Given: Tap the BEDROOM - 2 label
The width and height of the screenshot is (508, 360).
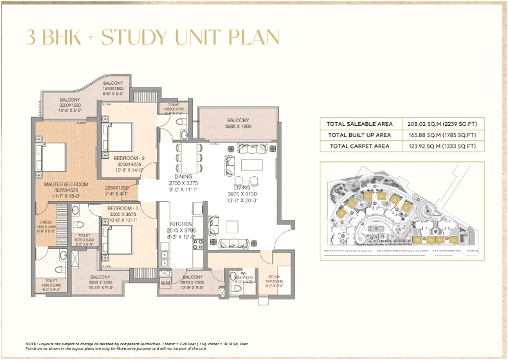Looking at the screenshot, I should tap(129, 157).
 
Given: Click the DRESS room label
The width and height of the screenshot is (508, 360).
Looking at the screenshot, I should tap(46, 222).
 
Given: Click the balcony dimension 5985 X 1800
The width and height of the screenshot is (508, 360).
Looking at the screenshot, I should tap(238, 127).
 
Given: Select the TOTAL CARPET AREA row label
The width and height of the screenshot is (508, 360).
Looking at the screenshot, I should tap(359, 146).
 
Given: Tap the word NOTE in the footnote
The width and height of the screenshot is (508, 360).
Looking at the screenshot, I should tap(31, 345).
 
